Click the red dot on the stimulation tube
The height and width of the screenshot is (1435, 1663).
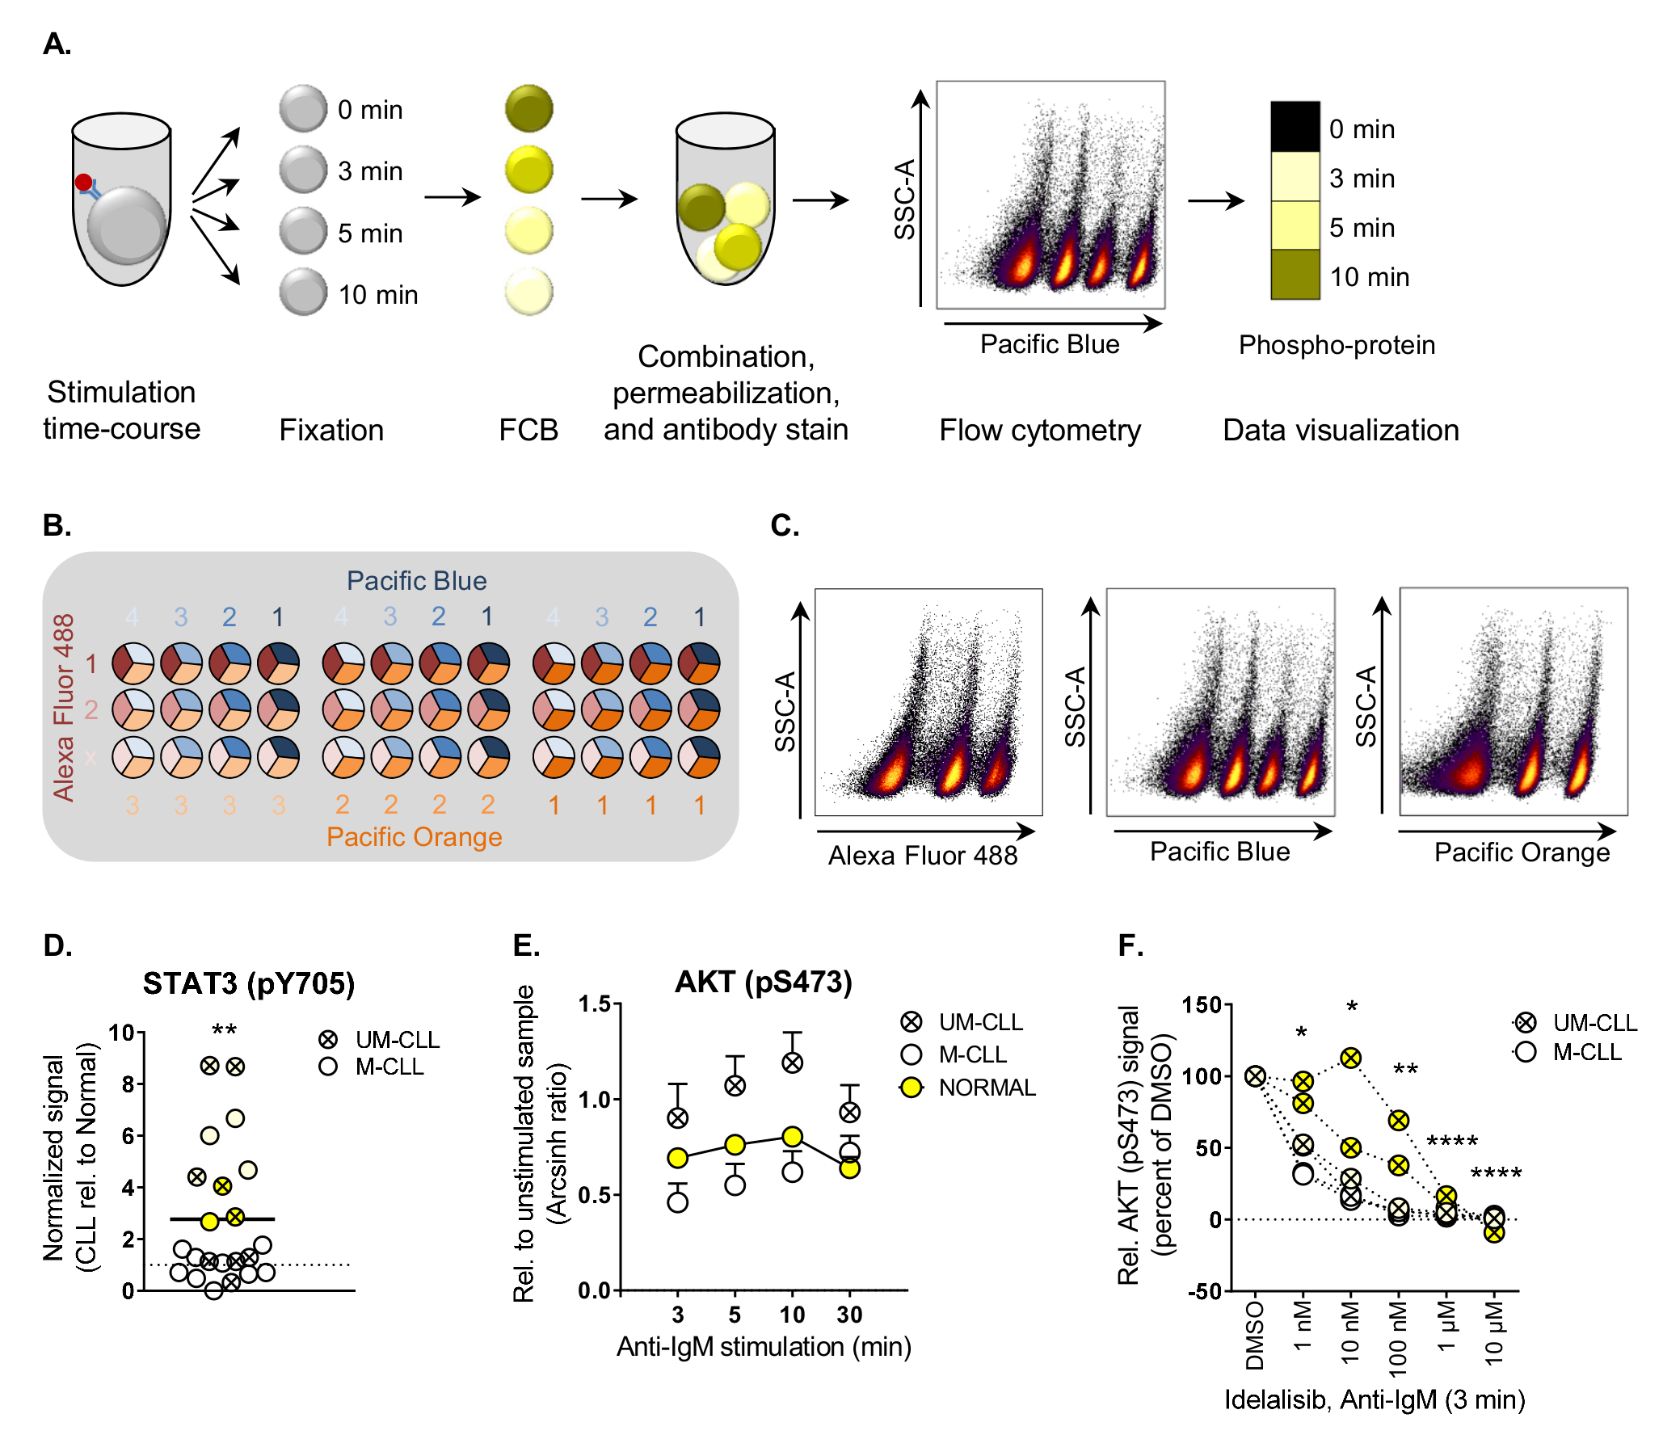(x=83, y=182)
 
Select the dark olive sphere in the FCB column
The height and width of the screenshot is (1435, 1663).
(x=529, y=108)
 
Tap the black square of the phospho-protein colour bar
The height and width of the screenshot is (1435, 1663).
(x=1295, y=126)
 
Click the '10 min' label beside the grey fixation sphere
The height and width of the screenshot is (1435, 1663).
(x=377, y=295)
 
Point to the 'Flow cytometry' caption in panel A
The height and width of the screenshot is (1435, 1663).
(x=1039, y=430)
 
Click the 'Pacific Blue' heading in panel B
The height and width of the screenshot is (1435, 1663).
(x=416, y=580)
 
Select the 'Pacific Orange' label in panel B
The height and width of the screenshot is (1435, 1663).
(x=414, y=836)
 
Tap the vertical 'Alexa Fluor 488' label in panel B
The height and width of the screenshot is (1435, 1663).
(x=64, y=707)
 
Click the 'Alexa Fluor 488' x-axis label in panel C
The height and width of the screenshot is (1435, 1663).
(x=922, y=855)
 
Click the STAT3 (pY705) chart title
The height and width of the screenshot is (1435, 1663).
(x=249, y=983)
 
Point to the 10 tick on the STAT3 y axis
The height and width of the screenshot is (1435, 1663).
(x=122, y=1032)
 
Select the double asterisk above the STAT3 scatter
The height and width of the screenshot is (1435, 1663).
(x=224, y=1030)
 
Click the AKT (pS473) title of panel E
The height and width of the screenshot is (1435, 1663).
(x=763, y=982)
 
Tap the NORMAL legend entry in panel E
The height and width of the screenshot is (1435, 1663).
(x=986, y=1088)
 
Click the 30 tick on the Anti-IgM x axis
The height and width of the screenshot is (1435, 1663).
(x=848, y=1315)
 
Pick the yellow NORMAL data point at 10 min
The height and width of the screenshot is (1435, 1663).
(x=792, y=1137)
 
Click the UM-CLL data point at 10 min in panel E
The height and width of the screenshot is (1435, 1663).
(x=792, y=1063)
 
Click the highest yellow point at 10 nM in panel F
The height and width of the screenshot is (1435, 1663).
(x=1350, y=1058)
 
